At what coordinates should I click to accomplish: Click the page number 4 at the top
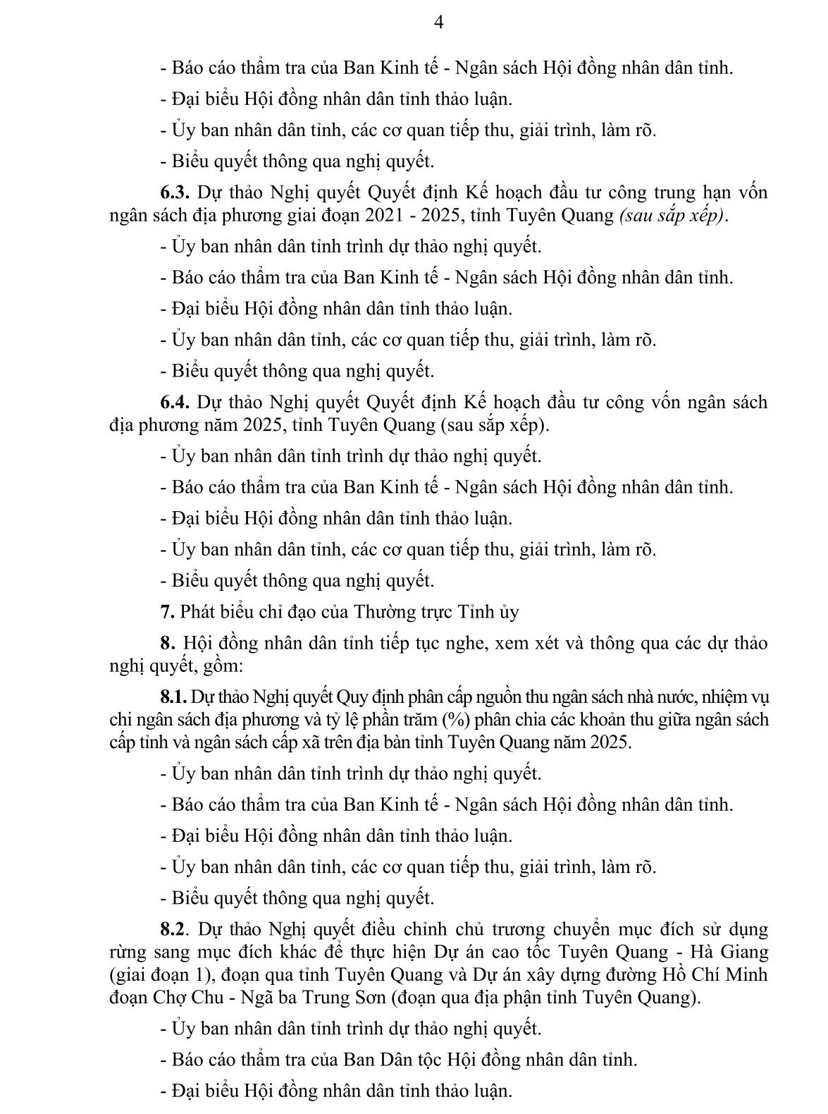coord(438,23)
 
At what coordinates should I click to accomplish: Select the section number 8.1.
coord(173,698)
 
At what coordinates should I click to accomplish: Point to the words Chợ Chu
coord(185,998)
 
